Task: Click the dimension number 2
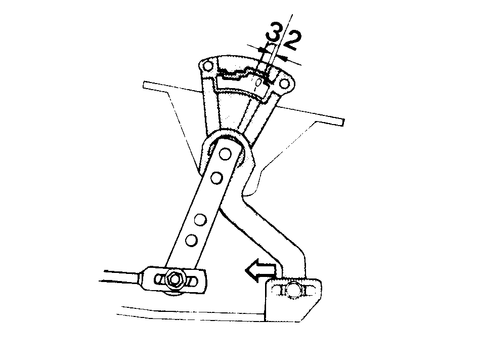(x=292, y=40)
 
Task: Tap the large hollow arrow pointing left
(x=260, y=270)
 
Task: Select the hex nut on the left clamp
(x=174, y=279)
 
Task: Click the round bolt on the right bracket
(x=293, y=289)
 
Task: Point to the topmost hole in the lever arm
(x=226, y=153)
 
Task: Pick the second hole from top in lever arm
(x=216, y=178)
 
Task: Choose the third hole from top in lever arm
(x=200, y=219)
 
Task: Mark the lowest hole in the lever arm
(x=191, y=240)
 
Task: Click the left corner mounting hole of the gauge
(x=207, y=66)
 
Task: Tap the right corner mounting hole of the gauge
(x=284, y=83)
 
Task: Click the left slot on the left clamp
(x=160, y=279)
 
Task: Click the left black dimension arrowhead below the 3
(x=262, y=49)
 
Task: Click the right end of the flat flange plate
(x=343, y=122)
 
